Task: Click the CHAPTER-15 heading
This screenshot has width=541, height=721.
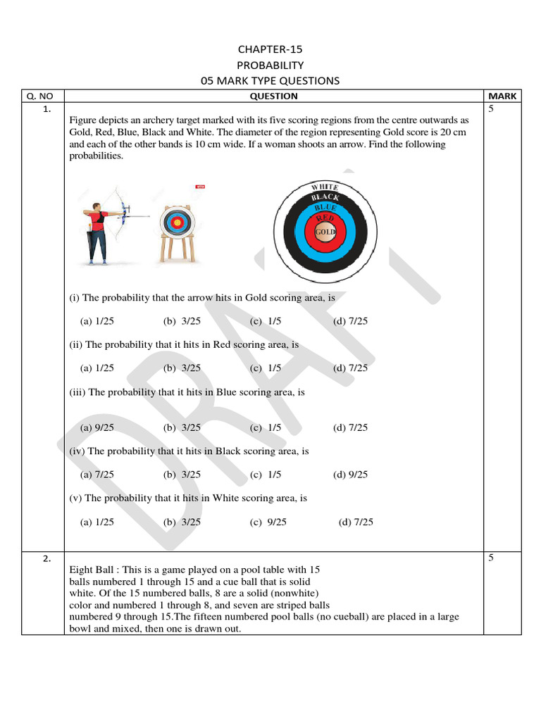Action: pos(270,49)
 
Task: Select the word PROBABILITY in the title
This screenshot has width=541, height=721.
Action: pos(270,65)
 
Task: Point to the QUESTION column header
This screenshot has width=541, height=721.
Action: pos(273,96)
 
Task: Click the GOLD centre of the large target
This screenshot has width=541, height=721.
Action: pos(325,232)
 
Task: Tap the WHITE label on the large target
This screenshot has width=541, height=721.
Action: pos(325,187)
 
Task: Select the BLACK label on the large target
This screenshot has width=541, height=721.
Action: pos(325,197)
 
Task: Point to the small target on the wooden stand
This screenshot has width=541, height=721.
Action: pos(177,224)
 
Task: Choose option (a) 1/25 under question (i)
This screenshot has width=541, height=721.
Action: pos(97,321)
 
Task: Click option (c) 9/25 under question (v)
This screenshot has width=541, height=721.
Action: pos(268,522)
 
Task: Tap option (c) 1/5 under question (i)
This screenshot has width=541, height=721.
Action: pos(265,321)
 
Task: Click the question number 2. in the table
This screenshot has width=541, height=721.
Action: pos(46,559)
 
